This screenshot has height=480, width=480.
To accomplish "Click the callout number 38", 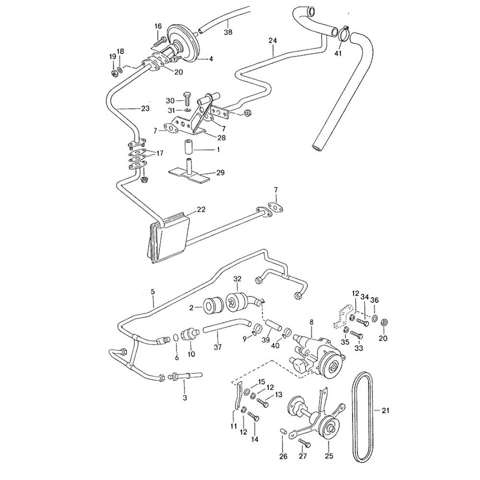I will (x=228, y=33).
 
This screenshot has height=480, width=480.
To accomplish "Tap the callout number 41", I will (x=338, y=53).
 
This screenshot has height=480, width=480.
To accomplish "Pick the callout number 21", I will (x=386, y=410).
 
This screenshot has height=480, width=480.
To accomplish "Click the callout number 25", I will (x=329, y=456).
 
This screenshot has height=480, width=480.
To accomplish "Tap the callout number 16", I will (x=158, y=26).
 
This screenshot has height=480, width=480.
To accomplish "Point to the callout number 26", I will (x=283, y=456).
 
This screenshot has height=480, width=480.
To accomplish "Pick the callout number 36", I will (x=374, y=300).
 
